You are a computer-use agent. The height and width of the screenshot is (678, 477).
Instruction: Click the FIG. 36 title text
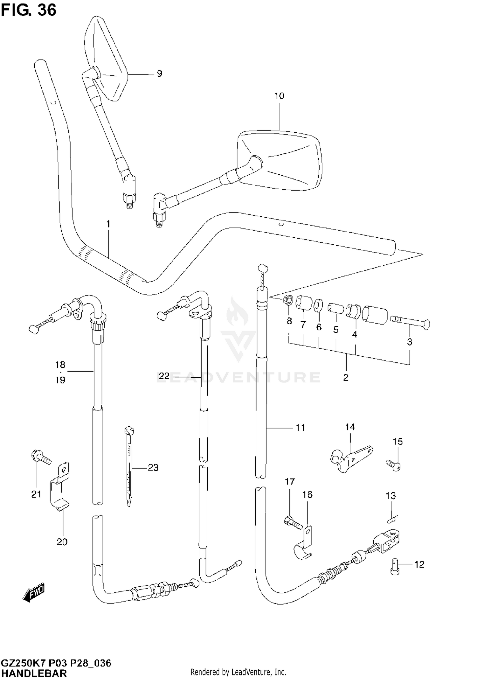(x=29, y=10)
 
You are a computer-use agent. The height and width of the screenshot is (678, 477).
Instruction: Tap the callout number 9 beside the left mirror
(x=159, y=73)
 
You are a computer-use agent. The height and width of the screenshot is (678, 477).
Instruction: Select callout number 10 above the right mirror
(x=279, y=96)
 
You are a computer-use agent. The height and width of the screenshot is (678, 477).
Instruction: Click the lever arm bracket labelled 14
(x=350, y=458)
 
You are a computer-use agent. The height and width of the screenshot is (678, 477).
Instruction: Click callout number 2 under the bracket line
(x=346, y=378)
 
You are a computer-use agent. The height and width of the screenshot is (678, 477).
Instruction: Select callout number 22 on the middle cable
(x=164, y=376)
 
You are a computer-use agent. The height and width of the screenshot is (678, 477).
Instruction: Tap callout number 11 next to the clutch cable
(x=300, y=428)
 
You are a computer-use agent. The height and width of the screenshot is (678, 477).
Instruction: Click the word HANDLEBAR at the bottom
(x=34, y=673)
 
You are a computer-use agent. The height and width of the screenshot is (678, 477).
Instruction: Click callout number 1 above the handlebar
(x=108, y=224)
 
